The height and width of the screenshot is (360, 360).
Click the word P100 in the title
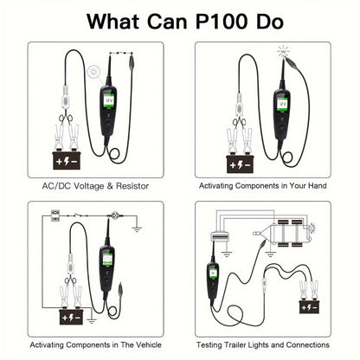coord(221,21)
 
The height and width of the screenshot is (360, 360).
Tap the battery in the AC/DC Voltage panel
coord(67,161)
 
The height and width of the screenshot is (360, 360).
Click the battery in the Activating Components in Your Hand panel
coord(240,164)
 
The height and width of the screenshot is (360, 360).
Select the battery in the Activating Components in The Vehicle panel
coord(71,318)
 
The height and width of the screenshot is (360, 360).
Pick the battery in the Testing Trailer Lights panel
coord(310,307)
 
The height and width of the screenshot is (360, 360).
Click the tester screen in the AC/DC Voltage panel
coord(109,101)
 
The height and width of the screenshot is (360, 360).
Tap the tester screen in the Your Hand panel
coord(282,104)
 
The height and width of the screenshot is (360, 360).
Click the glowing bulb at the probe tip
coord(283,52)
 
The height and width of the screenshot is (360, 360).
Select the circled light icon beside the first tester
coord(93,71)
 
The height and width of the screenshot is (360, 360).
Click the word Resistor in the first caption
coord(132,186)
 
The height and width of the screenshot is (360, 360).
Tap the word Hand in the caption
coord(317,185)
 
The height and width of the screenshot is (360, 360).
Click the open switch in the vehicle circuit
coord(77,215)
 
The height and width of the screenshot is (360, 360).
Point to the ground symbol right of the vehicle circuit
coord(137,229)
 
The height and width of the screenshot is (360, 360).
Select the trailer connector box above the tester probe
coord(220,236)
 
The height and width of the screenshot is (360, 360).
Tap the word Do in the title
coord(269,21)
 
